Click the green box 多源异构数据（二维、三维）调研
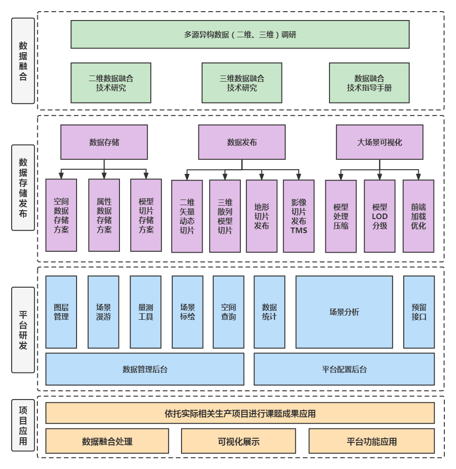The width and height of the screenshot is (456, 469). coord(240,34)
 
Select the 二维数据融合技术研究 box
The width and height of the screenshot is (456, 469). coord(111,83)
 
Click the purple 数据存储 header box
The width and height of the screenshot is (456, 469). coord(104,142)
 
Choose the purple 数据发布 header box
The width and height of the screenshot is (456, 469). coord(242,142)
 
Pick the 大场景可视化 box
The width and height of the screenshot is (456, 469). coord(379,142)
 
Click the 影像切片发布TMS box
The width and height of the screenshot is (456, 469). coord(299,216)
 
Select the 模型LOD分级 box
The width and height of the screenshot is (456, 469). coord(379,216)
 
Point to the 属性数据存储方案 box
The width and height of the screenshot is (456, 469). coord(104,215)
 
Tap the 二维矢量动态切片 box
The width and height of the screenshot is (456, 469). coord(187,216)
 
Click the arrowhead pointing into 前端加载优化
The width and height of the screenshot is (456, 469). coord(418,177)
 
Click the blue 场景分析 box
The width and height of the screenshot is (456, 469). coord(344,312)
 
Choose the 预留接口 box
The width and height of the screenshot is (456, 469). coord(419,312)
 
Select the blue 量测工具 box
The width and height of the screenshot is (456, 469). coord(146,312)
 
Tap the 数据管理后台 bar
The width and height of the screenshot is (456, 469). coord(145,369)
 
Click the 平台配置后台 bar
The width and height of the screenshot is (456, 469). coord(344,369)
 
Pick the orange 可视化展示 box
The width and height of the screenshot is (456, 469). coord(239,441)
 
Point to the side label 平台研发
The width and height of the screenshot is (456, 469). coord(23,330)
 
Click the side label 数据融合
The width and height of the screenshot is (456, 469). coord(23,61)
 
